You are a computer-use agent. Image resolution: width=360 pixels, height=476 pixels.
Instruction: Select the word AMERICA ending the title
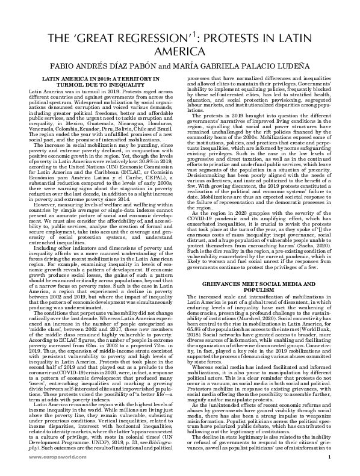180,52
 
